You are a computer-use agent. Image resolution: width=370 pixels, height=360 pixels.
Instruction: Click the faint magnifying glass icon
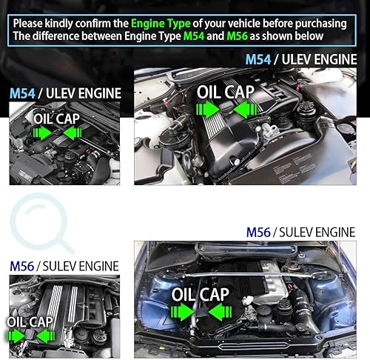click(41, 223)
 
